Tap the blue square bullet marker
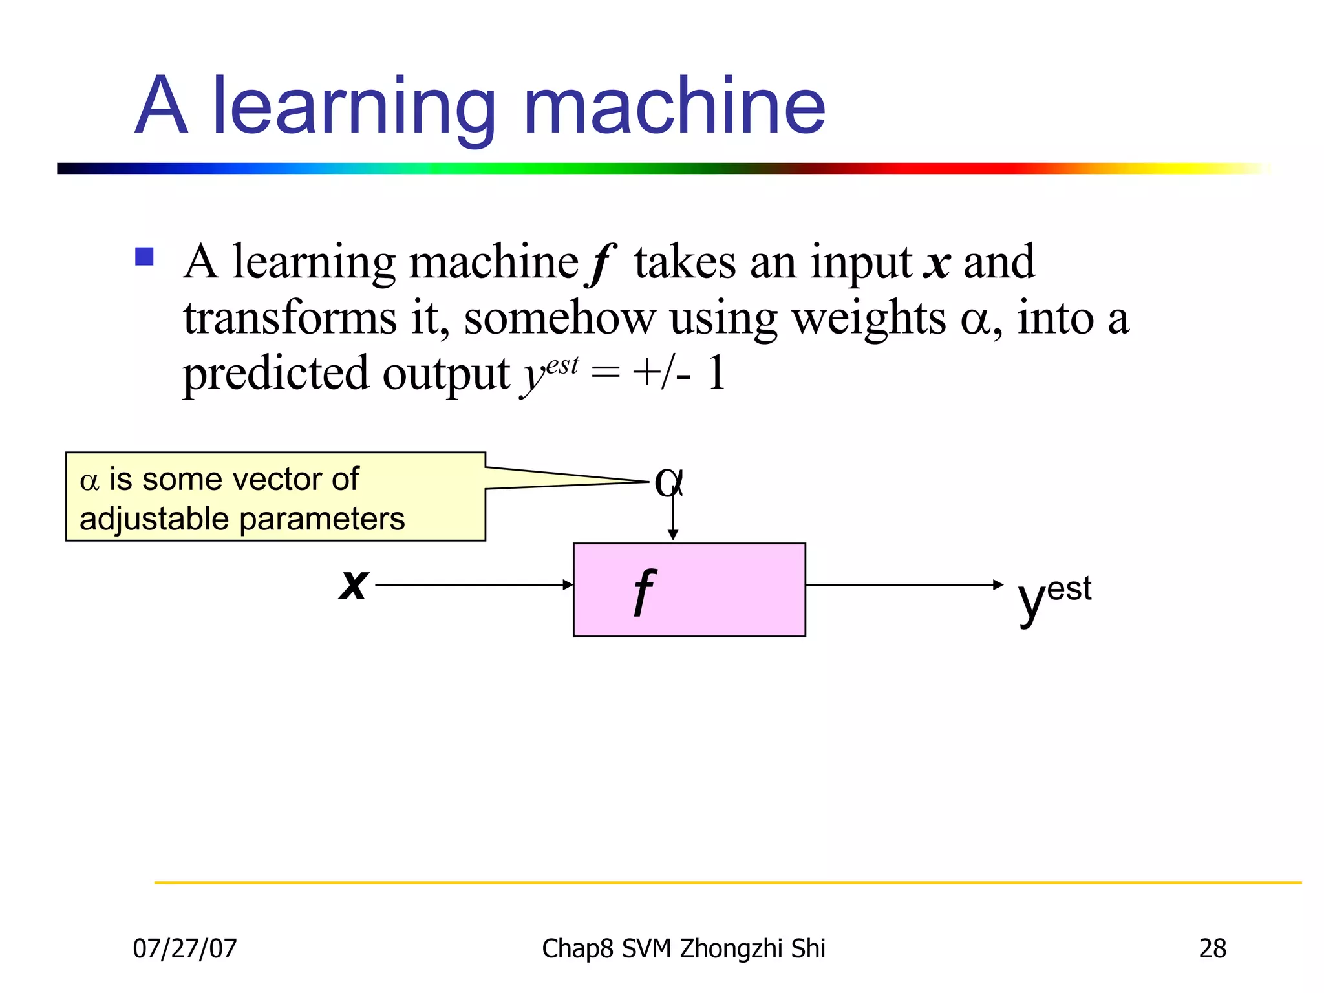click(144, 257)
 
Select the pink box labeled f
click(689, 590)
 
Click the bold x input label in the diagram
click(354, 584)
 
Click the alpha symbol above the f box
click(668, 482)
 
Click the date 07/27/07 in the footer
click(185, 948)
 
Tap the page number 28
click(1212, 948)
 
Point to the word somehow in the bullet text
click(559, 319)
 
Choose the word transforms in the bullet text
click(290, 319)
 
